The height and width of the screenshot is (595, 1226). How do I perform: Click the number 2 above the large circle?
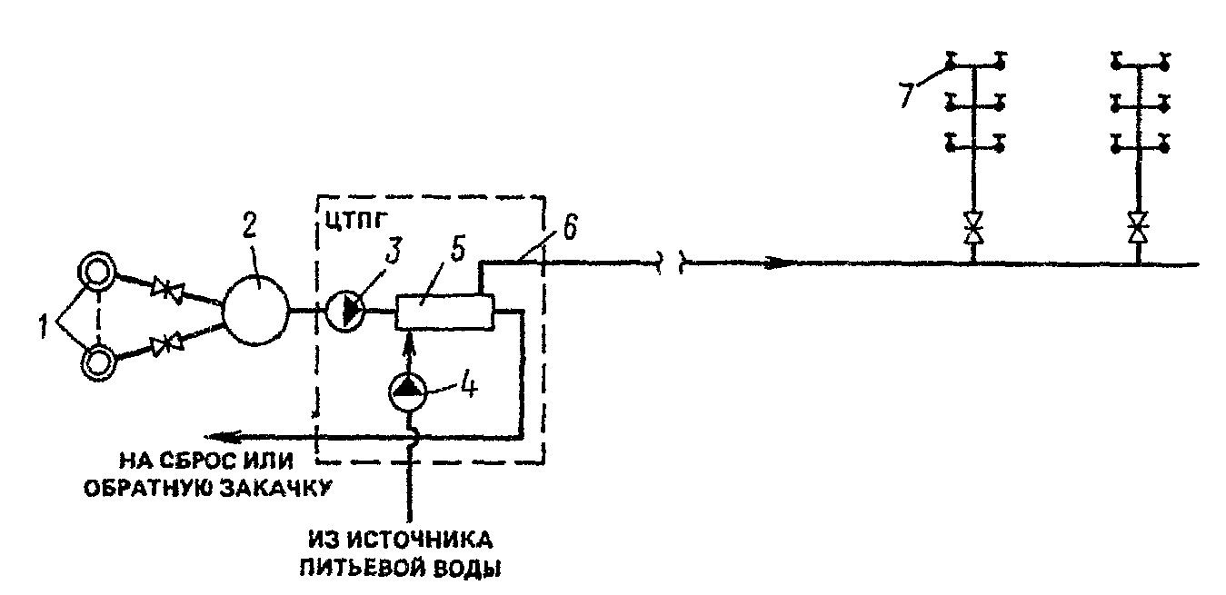[x=250, y=223]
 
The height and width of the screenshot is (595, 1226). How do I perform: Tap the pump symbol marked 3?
[x=346, y=310]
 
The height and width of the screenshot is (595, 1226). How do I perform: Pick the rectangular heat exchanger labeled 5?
[x=445, y=312]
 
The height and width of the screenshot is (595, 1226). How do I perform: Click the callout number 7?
[x=907, y=95]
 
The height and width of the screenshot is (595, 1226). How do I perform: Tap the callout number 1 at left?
[x=44, y=326]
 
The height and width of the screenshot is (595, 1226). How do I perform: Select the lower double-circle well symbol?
[x=98, y=362]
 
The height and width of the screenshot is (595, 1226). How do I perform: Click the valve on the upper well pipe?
[x=167, y=288]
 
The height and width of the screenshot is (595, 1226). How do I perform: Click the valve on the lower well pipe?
[x=167, y=345]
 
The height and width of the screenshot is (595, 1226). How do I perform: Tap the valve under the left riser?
[x=973, y=227]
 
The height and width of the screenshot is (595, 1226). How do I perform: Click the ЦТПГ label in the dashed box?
[x=356, y=221]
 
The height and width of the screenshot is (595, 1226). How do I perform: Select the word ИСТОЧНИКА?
[x=421, y=540]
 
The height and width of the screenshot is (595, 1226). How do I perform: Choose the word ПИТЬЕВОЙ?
[x=363, y=570]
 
